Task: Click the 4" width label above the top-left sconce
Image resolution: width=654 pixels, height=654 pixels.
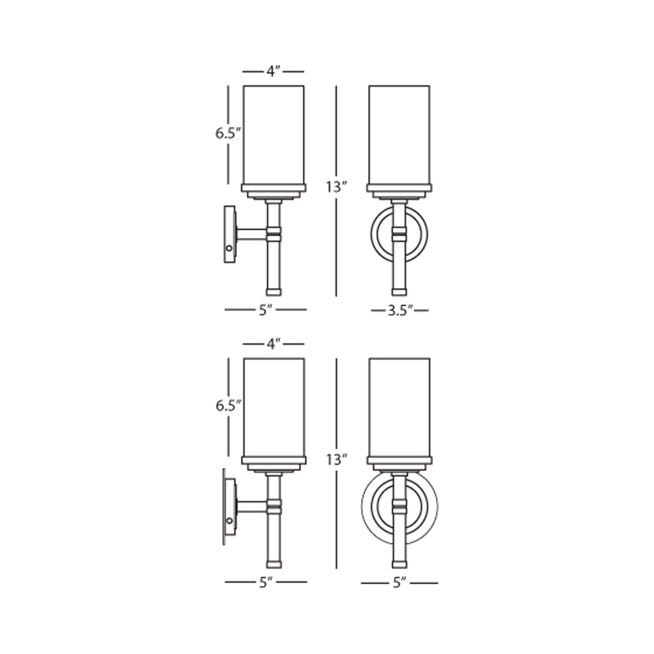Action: pos(273,72)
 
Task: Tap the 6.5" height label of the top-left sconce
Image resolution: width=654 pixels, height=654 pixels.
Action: pos(228,133)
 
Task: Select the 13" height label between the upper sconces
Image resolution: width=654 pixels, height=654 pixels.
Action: pos(336,186)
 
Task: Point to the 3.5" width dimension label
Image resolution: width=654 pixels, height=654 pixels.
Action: pos(400,310)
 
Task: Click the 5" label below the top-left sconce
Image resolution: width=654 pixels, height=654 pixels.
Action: pos(266,310)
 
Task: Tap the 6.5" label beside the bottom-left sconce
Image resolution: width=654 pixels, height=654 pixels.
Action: pos(228,405)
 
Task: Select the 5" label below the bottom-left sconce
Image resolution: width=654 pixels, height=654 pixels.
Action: pos(266,582)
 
